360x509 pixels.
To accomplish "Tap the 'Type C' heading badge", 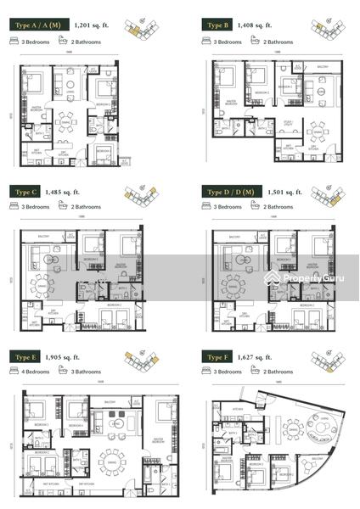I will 28,193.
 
